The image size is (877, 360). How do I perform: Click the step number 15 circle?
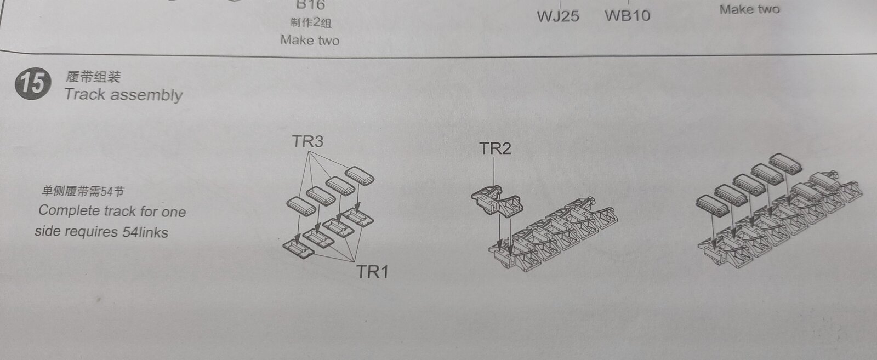pyautogui.click(x=33, y=84)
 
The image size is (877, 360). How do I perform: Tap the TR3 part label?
pyautogui.click(x=307, y=141)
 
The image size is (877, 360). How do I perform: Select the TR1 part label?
pyautogui.click(x=372, y=272)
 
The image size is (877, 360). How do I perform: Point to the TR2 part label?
pyautogui.click(x=496, y=148)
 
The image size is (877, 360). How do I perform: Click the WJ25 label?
pyautogui.click(x=558, y=16)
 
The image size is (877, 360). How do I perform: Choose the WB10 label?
pyautogui.click(x=628, y=16)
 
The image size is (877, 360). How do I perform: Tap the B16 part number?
pyautogui.click(x=311, y=5)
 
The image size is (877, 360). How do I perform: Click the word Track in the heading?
pyautogui.click(x=85, y=94)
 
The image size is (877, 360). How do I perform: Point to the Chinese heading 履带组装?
pyautogui.click(x=93, y=77)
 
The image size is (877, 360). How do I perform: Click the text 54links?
pyautogui.click(x=145, y=232)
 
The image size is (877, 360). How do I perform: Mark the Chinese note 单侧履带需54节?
pyautogui.click(x=83, y=191)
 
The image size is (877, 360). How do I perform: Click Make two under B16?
pyautogui.click(x=310, y=40)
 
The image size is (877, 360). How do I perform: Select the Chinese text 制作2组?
pyautogui.click(x=311, y=22)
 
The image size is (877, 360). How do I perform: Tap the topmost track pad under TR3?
pyautogui.click(x=360, y=176)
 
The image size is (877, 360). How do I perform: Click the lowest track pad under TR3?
pyautogui.click(x=301, y=206)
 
